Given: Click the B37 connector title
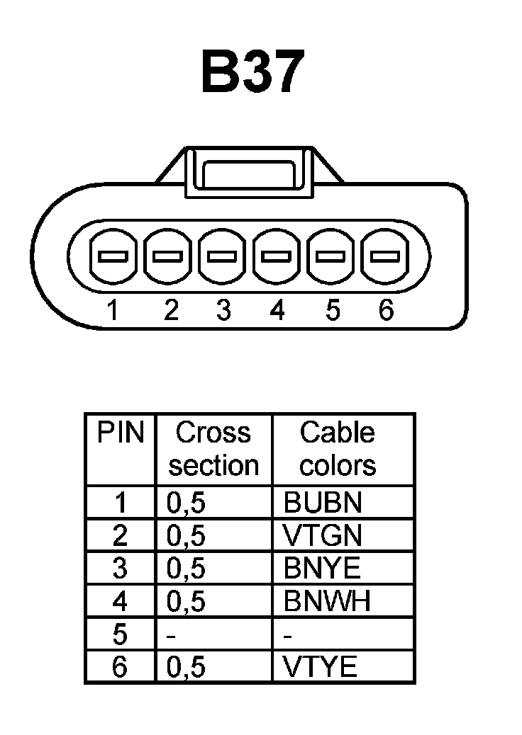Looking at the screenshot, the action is (x=253, y=72).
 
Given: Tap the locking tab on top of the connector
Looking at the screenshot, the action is (x=248, y=172).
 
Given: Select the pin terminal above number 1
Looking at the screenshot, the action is (x=112, y=256).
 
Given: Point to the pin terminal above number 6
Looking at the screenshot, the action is (x=384, y=256).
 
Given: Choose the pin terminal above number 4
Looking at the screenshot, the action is (x=277, y=256).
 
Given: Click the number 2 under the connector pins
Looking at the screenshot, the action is (x=170, y=310).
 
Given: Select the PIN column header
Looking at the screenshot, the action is (x=120, y=433).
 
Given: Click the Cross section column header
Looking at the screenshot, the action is (x=213, y=449).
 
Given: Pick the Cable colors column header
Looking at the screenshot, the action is (x=338, y=449).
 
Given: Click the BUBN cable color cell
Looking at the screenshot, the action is (x=323, y=502).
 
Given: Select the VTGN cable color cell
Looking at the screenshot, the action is (x=323, y=535).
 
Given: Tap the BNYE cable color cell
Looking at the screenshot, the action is (x=322, y=569).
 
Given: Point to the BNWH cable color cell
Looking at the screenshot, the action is (x=327, y=601).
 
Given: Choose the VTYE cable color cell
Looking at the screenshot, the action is (x=320, y=667).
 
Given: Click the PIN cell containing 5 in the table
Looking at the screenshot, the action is (x=120, y=634).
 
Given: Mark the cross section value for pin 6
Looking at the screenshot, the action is (x=186, y=667).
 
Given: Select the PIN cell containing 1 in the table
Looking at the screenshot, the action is (x=121, y=502).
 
